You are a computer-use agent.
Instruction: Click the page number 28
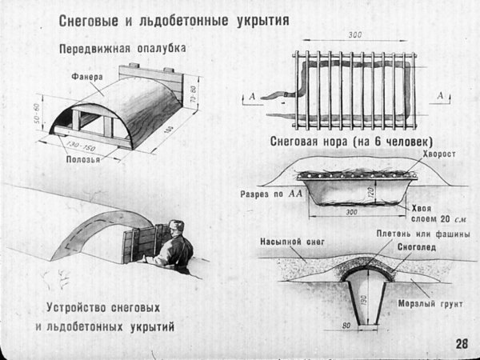pyautogui.click(x=462, y=344)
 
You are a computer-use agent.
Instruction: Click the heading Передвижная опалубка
pyautogui.click(x=122, y=49)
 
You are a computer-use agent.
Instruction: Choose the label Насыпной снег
pyautogui.click(x=291, y=239)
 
